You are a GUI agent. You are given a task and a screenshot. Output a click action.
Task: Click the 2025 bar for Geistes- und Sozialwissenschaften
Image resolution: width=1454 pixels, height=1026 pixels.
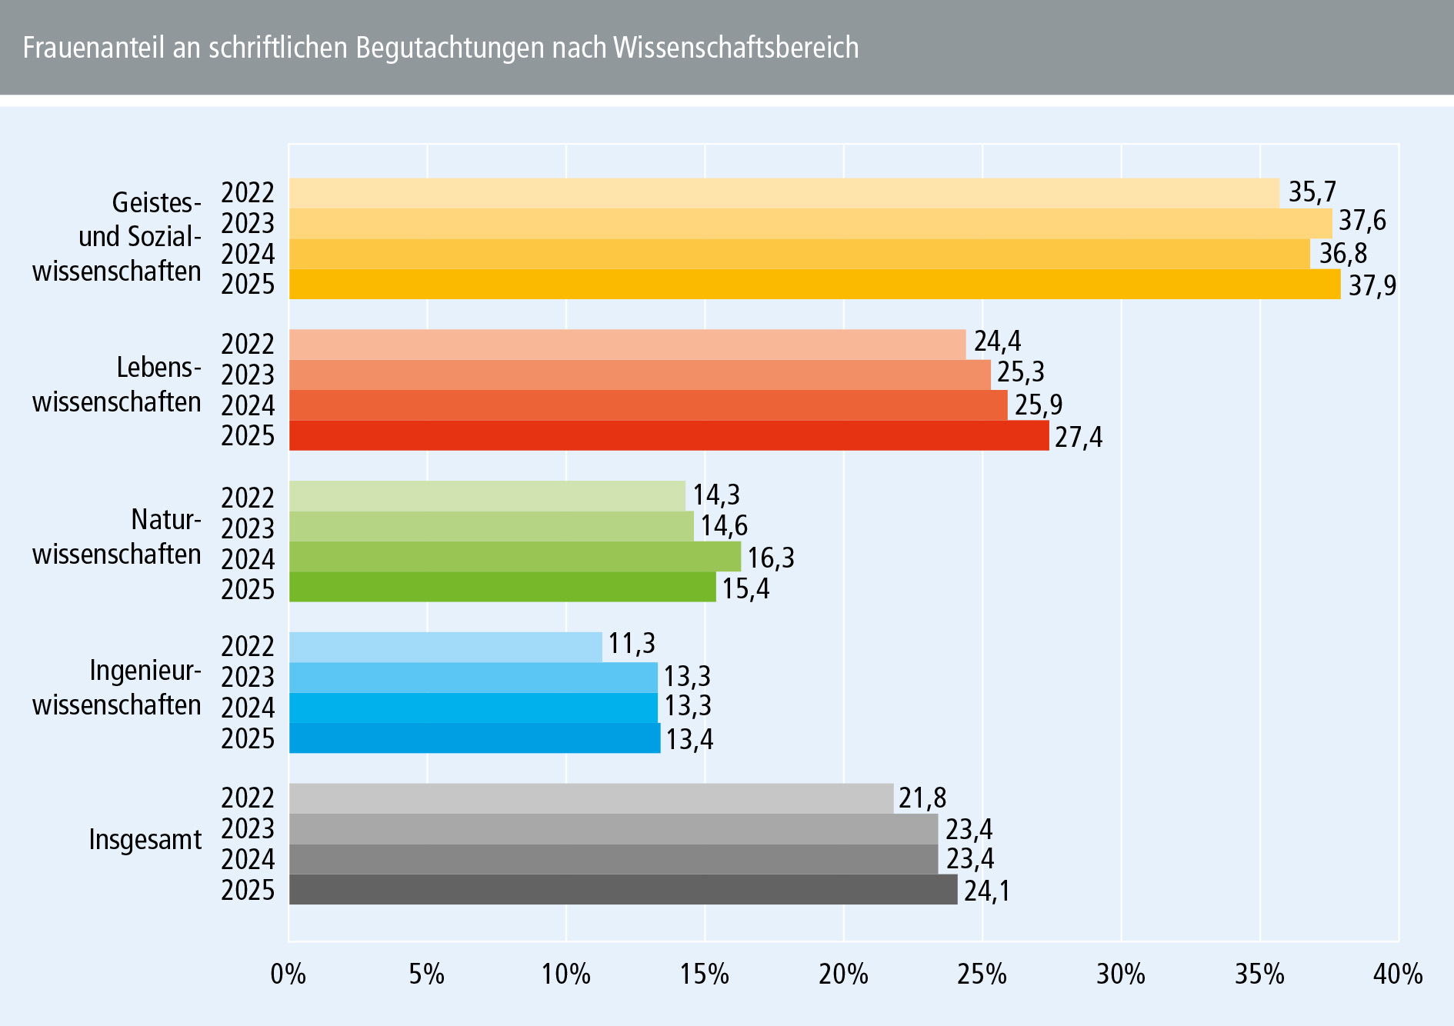click(814, 285)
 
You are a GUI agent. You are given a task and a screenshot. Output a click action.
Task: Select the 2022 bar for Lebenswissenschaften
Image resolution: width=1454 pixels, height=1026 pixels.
click(627, 345)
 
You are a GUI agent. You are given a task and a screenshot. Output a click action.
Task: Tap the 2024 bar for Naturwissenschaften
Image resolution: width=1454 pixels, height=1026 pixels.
click(515, 557)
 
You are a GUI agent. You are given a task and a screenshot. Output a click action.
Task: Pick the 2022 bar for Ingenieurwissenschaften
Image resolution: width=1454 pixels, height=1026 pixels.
click(445, 647)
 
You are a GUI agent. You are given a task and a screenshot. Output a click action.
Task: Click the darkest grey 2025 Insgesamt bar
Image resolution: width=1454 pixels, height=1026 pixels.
click(623, 890)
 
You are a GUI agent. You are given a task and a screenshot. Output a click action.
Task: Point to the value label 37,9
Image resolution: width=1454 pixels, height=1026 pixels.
click(1372, 286)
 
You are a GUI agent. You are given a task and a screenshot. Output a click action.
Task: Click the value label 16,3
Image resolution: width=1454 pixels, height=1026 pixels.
click(771, 558)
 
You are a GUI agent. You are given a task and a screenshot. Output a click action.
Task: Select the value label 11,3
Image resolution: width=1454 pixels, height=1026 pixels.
click(632, 644)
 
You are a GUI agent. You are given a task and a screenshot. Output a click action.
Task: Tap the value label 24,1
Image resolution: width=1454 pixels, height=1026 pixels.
click(986, 891)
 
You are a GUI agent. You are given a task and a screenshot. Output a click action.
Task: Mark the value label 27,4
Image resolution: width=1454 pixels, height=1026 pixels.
click(1078, 438)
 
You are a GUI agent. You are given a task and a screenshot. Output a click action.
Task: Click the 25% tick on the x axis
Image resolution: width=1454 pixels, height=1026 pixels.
click(982, 974)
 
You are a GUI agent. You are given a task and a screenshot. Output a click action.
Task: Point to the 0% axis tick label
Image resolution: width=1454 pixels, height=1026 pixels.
click(288, 974)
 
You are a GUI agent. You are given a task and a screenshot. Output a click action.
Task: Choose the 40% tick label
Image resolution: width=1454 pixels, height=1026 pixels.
click(1397, 974)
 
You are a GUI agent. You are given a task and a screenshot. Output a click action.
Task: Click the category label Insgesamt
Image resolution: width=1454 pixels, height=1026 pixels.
click(145, 839)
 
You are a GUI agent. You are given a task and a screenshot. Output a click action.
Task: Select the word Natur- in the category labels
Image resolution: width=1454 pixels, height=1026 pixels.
click(165, 520)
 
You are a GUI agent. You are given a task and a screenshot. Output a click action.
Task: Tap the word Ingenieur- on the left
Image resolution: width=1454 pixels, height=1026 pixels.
click(145, 671)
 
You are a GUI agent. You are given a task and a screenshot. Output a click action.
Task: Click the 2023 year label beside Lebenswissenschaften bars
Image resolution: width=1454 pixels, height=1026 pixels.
click(248, 375)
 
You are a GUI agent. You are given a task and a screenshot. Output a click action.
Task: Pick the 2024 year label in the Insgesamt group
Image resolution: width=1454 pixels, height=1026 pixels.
click(248, 859)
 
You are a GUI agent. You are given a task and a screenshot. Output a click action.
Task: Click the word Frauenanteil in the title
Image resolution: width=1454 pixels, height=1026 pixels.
click(94, 48)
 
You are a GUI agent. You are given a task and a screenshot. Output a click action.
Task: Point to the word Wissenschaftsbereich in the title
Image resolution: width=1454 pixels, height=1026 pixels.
click(735, 48)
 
